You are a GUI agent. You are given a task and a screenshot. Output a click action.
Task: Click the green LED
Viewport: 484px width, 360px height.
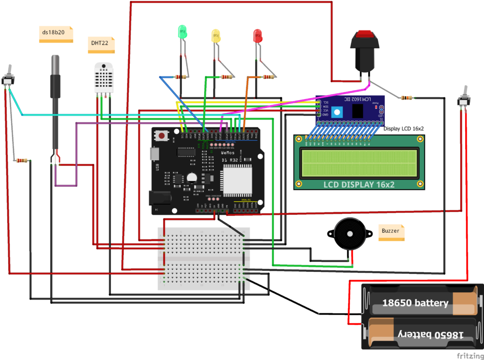[182, 33]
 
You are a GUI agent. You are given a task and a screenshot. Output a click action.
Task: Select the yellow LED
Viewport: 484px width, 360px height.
[215, 35]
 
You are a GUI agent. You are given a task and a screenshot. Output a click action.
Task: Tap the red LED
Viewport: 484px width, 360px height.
[257, 35]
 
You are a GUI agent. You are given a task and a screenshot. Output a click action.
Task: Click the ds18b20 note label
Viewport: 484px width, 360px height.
[55, 33]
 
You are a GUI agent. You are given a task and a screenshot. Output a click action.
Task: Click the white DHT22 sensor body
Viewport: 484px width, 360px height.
[105, 78]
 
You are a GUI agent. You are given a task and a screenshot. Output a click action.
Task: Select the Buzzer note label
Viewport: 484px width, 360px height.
[391, 231]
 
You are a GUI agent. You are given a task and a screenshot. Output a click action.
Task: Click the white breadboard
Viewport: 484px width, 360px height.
[204, 258]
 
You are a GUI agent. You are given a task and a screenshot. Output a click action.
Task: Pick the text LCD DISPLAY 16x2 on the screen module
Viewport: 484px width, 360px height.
[359, 184]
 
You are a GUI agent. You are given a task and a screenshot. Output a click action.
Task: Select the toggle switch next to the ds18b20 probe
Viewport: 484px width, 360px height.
[8, 77]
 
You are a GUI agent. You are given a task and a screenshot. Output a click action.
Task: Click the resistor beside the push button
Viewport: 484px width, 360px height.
[407, 98]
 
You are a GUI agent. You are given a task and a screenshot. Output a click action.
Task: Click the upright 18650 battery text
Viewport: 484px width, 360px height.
[415, 303]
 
